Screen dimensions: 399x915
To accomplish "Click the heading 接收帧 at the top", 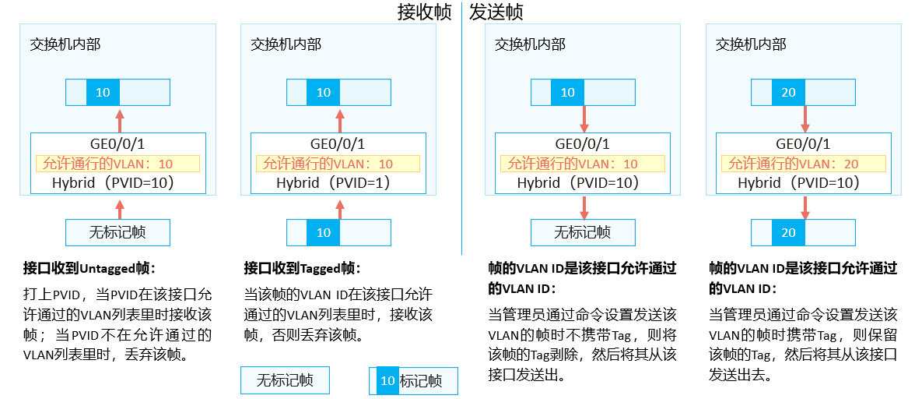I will coord(424,12).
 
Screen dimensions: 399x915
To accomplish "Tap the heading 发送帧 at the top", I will coord(496,12).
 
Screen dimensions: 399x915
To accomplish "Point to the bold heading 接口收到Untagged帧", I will coord(90,269).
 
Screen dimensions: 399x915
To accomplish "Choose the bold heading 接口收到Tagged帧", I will coord(302,269).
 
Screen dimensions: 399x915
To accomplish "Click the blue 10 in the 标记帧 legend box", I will coord(387,381).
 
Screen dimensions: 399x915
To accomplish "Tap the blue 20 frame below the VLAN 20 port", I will coord(788,232).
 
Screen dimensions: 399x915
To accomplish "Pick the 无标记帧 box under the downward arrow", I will coord(583,232).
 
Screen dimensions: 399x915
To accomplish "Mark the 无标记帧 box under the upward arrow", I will coord(117,232).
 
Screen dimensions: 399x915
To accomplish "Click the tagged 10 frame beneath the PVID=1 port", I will coord(324,232).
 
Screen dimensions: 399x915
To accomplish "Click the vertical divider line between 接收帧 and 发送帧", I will coord(462,129).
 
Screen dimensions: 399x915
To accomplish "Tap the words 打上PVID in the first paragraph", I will coord(52,295).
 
